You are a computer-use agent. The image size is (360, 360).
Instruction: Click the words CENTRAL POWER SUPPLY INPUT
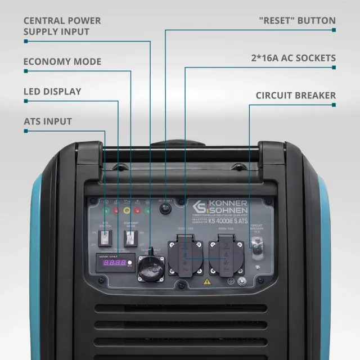62,26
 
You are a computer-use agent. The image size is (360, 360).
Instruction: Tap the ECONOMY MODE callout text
62,61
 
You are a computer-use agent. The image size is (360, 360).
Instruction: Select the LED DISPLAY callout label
52,91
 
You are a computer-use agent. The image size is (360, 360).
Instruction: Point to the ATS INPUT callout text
48,121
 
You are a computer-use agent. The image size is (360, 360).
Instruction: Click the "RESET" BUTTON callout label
297,21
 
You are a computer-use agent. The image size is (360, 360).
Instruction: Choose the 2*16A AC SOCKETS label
293,58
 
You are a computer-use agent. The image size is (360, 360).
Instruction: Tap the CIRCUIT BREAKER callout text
295,95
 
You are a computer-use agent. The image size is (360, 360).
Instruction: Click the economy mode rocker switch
131,237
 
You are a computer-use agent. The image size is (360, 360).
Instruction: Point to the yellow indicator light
127,210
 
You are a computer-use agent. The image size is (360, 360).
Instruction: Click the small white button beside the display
130,263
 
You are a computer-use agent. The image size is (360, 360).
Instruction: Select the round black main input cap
151,265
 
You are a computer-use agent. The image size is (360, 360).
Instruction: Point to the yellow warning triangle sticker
207,281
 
